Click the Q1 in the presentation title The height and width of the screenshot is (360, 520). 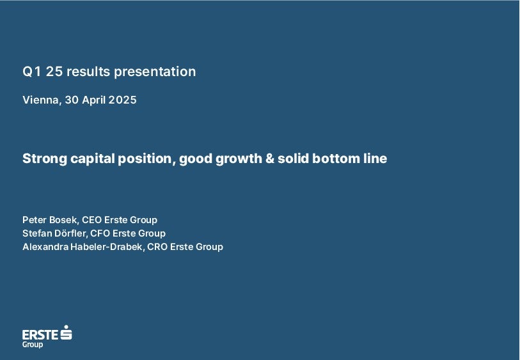31,72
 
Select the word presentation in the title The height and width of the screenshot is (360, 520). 155,72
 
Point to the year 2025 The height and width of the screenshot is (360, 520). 122,100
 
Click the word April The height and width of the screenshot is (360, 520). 94,100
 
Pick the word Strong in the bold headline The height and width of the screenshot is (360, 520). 45,159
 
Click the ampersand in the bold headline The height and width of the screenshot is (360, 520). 270,159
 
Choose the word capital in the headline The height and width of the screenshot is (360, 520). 93,159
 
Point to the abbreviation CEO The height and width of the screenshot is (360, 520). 91,220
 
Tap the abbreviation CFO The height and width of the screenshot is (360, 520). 100,233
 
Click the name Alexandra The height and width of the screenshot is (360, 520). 46,247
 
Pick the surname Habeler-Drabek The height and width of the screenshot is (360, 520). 107,247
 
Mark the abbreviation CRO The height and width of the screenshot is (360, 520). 157,247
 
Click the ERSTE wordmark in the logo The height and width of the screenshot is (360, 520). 40,335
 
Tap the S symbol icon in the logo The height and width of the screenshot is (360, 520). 67,332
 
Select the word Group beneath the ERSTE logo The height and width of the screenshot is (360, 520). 33,345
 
